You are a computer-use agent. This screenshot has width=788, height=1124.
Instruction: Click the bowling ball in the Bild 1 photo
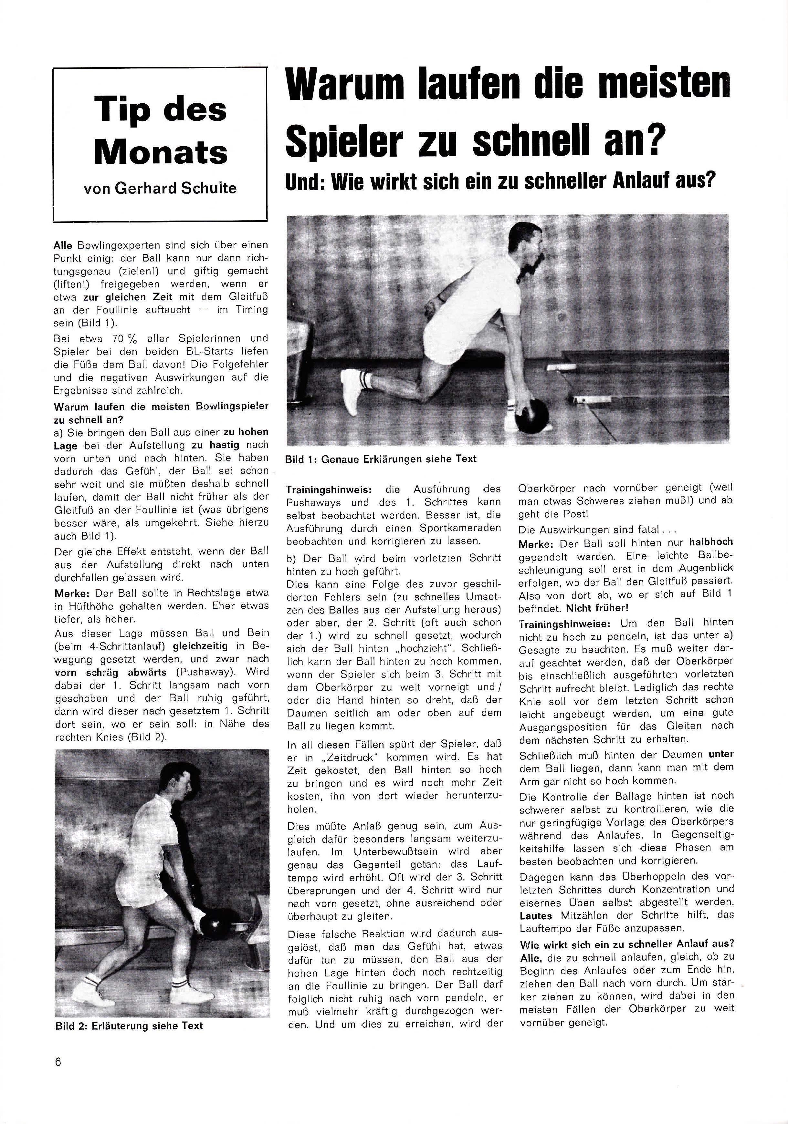pos(532,416)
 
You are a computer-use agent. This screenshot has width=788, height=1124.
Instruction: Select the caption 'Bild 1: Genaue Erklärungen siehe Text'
pos(381,459)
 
